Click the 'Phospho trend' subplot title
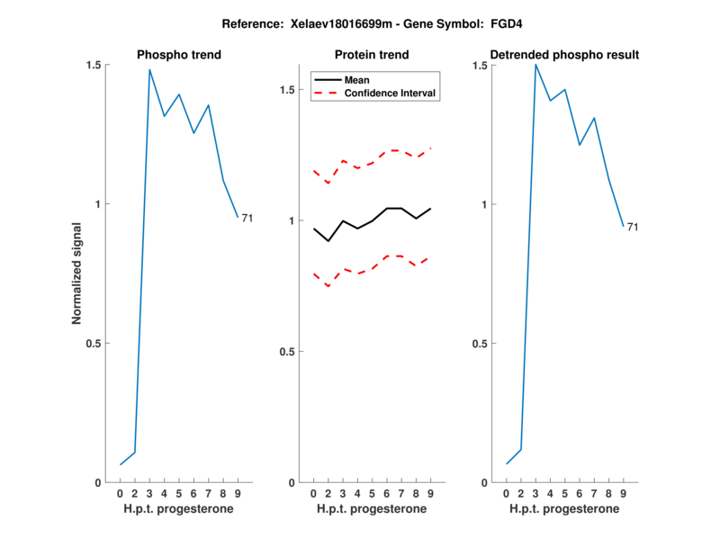point(178,55)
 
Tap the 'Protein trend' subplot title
point(372,55)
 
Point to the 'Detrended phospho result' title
point(564,55)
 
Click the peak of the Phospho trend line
point(149,69)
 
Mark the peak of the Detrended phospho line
point(535,64)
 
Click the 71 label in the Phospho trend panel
point(247,218)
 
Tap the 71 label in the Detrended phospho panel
point(633,227)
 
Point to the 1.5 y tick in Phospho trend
point(94,65)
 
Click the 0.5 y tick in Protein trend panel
point(287,352)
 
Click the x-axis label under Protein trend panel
point(372,509)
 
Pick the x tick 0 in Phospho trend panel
point(120,493)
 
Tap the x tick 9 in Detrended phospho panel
point(623,493)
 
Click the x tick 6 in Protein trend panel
point(387,493)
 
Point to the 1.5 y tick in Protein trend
point(287,90)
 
